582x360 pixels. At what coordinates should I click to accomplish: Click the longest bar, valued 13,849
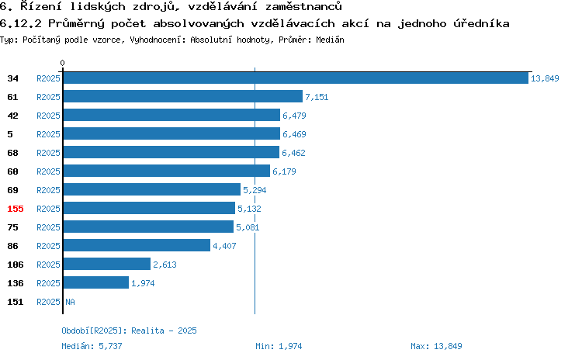click(x=296, y=78)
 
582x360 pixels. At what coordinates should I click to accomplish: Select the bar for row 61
click(x=183, y=96)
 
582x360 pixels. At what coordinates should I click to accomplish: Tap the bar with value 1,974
click(x=96, y=283)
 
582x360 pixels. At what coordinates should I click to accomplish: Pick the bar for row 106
click(x=107, y=265)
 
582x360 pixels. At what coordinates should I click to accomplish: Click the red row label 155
click(x=16, y=209)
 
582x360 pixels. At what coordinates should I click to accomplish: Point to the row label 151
click(x=16, y=302)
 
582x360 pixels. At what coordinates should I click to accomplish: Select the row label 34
click(x=12, y=78)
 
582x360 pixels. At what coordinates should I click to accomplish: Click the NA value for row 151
click(x=70, y=302)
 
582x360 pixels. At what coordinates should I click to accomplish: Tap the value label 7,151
click(x=317, y=97)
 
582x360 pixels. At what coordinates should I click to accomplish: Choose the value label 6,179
click(x=284, y=171)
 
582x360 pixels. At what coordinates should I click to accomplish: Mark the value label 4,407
click(x=224, y=246)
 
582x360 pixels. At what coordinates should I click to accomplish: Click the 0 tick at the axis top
click(x=62, y=63)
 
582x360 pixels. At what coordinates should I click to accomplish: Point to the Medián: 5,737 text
click(x=92, y=346)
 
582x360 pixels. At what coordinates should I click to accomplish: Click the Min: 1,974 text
click(x=279, y=346)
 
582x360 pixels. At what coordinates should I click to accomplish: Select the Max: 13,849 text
click(x=436, y=346)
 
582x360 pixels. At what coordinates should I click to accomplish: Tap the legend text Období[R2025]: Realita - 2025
click(x=129, y=331)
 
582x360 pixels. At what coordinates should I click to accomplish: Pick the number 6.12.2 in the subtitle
click(x=21, y=24)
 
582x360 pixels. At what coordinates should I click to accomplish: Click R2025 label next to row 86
click(x=48, y=246)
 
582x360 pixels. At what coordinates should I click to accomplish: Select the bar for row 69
click(x=152, y=189)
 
